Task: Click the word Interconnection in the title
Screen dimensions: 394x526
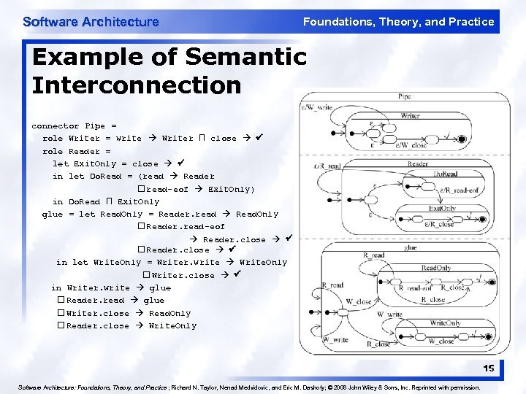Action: point(137,85)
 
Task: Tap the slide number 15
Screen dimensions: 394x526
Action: point(488,368)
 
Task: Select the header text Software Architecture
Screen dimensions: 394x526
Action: point(91,22)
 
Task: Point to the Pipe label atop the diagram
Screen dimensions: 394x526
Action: point(404,96)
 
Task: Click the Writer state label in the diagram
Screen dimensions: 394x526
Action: point(410,115)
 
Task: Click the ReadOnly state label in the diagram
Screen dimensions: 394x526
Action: point(436,268)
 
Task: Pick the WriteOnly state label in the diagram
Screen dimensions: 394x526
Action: point(445,322)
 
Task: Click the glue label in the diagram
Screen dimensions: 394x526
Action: point(411,247)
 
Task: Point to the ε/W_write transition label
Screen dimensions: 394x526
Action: point(316,108)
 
